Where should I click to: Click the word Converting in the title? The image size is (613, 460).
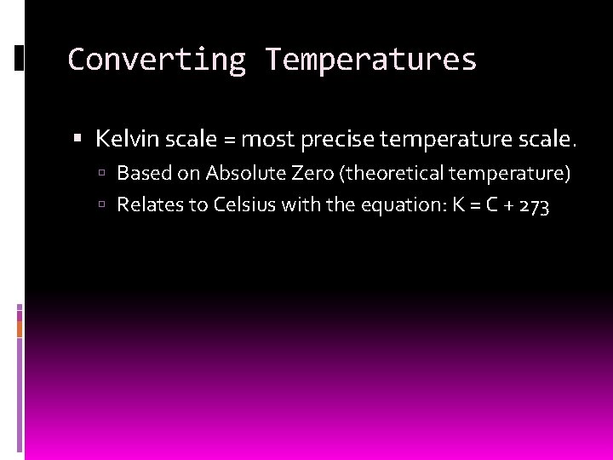tap(156, 60)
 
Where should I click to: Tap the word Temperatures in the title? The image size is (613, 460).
tap(370, 60)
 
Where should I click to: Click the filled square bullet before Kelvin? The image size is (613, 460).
tap(78, 138)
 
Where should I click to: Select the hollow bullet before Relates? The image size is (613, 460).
tap(101, 205)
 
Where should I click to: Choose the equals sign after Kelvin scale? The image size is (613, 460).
tap(229, 138)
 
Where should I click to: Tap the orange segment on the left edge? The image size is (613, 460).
tap(20, 323)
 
